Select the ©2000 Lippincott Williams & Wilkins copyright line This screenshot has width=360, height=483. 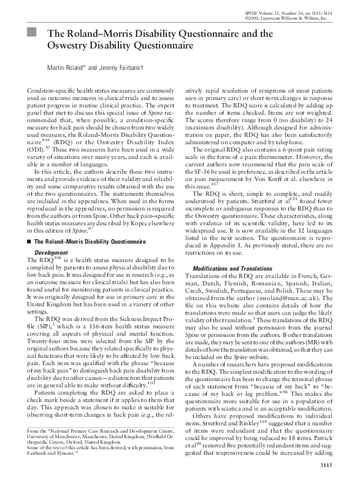click(x=294, y=19)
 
